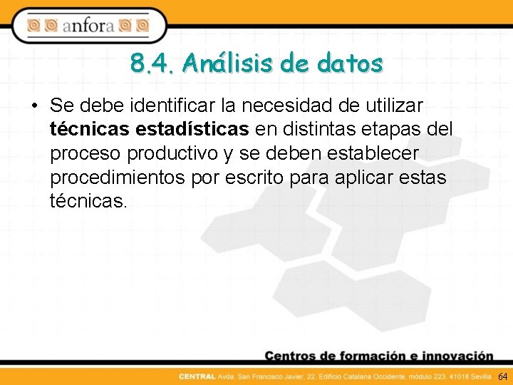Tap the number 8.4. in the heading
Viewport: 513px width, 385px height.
(x=152, y=63)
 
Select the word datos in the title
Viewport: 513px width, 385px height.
(x=350, y=63)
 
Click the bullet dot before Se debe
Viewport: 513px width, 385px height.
(x=34, y=106)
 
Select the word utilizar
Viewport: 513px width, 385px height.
(x=396, y=106)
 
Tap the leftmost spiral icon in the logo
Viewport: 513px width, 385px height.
(x=34, y=26)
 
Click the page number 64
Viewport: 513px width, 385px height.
(x=502, y=376)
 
